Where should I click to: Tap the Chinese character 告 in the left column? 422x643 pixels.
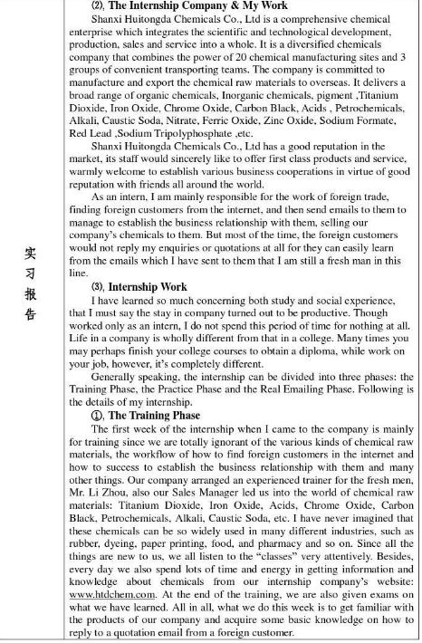coord(29,314)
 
